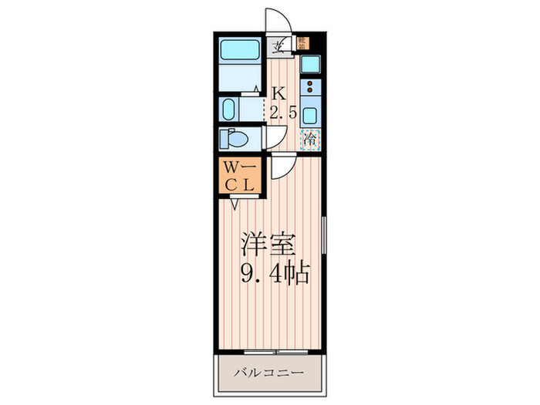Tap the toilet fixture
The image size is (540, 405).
point(233,139)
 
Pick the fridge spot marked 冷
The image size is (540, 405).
point(310,140)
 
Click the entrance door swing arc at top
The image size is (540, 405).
point(278,21)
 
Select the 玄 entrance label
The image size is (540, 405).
point(278,44)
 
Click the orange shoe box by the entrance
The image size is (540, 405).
point(303,43)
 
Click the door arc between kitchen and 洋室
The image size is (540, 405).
point(281,164)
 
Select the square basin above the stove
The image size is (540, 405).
point(310,63)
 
